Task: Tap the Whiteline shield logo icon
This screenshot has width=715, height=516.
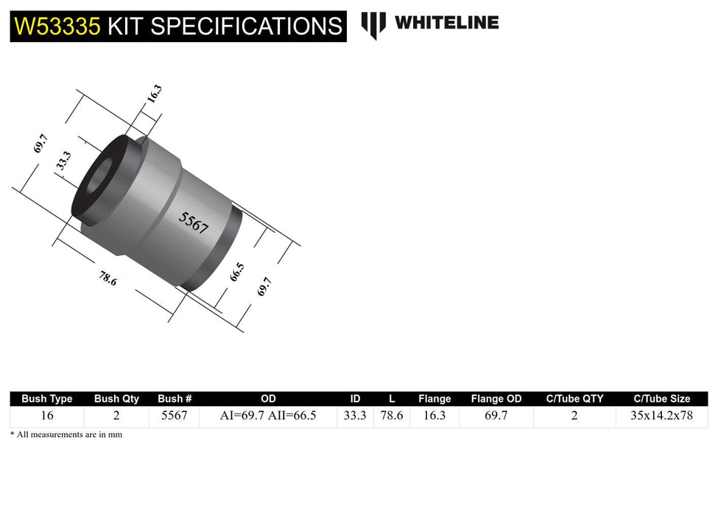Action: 373,25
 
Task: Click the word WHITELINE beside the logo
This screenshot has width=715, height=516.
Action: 446,23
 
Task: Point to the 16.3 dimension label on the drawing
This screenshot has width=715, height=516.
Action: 154,94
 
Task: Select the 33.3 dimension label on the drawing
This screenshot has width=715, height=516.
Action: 64,160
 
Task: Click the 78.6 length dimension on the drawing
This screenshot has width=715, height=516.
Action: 108,279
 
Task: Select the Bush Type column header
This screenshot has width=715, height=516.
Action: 47,399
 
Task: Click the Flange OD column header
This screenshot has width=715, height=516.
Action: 496,399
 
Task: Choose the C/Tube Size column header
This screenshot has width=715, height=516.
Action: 661,399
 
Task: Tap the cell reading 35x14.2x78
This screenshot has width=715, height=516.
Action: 661,416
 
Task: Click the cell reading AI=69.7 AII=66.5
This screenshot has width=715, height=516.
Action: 268,416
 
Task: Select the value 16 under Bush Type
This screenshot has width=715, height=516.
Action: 47,416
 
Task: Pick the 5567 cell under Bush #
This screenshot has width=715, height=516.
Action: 175,416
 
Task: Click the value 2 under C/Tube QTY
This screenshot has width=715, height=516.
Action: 574,416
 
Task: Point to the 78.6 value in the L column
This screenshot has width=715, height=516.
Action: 391,416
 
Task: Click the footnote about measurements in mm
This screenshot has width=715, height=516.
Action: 66,435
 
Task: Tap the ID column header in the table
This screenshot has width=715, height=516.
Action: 355,399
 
